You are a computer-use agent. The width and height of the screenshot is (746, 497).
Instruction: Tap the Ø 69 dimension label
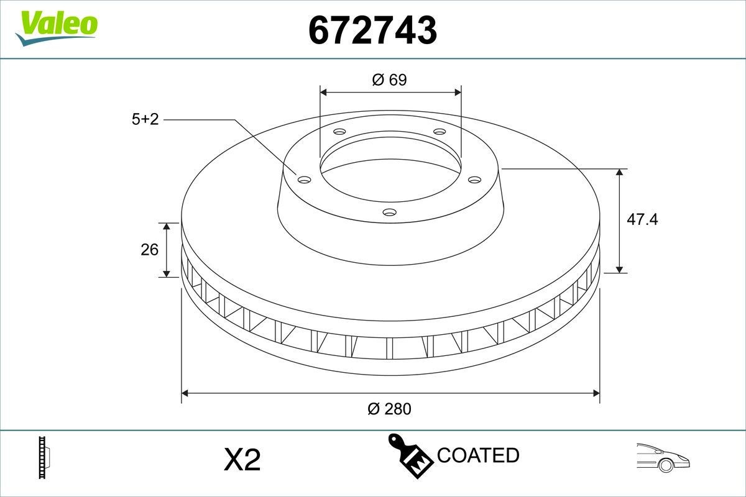pos(390,80)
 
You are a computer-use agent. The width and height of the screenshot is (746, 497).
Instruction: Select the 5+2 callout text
pos(145,119)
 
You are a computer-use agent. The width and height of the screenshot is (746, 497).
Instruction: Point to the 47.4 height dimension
pos(642,219)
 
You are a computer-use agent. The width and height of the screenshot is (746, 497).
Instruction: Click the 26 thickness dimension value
pos(150,250)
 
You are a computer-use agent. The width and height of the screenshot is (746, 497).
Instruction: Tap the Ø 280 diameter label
pos(390,409)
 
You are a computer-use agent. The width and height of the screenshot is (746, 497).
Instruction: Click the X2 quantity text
pos(241,460)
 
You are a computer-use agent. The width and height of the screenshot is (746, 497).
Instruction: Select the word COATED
pos(478,455)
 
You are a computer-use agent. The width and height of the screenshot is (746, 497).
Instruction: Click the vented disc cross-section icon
pos(44,458)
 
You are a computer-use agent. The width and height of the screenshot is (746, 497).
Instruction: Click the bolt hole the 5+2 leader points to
pos(304,180)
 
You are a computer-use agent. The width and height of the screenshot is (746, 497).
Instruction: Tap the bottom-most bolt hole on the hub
pos(390,212)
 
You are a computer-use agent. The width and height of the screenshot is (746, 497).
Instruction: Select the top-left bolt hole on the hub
pos(339,132)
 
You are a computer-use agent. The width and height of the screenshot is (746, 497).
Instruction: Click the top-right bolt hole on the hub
pos(440,131)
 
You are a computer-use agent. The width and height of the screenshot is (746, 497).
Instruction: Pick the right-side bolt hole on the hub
pos(475,179)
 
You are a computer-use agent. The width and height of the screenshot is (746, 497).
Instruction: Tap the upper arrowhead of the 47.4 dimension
pos(620,173)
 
